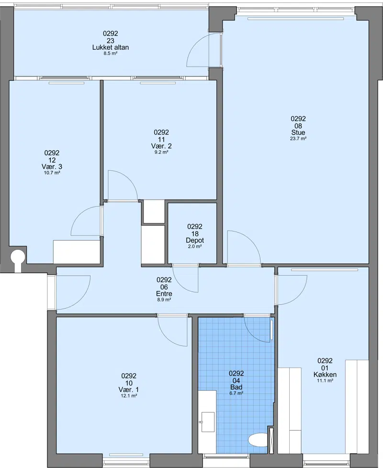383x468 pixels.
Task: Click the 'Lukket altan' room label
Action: coord(111,47)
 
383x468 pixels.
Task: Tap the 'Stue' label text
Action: coord(298,133)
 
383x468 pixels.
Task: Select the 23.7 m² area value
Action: coord(298,138)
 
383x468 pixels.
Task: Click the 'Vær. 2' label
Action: coord(161,146)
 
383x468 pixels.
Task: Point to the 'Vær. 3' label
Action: coord(52,167)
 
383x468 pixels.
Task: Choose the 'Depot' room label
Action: coord(195,240)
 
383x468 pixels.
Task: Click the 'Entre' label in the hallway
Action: coord(164,294)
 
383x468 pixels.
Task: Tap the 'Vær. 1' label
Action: coord(129,390)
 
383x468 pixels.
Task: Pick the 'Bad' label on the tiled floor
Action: coord(236,387)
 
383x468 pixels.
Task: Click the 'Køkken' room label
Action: coord(325,375)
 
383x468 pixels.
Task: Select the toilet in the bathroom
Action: coord(258,440)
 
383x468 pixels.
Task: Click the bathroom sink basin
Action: coord(208,422)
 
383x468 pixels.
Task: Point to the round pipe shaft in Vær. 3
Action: coord(18,256)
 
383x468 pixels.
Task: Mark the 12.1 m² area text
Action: coord(129,396)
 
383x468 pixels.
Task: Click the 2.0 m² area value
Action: coord(195,246)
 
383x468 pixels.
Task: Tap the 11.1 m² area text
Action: coord(325,380)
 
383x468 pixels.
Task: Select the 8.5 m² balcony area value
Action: coord(111,54)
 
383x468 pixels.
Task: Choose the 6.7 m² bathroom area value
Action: coord(236,393)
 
